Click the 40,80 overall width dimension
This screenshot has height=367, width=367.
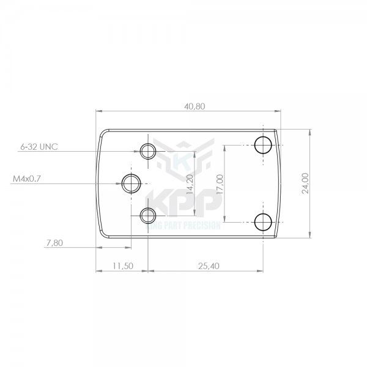pos(195,106)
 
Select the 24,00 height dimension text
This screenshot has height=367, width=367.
pos(305,183)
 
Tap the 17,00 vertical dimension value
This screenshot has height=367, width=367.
pos(220,184)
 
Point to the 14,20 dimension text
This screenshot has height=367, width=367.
pos(190,184)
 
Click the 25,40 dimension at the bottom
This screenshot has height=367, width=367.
pos(209,266)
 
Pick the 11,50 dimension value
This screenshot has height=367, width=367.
pos(123,266)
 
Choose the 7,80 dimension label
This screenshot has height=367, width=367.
pos(55,243)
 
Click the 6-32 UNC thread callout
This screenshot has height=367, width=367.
pos(39,147)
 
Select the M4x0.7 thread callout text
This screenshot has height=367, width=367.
pos(27,179)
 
